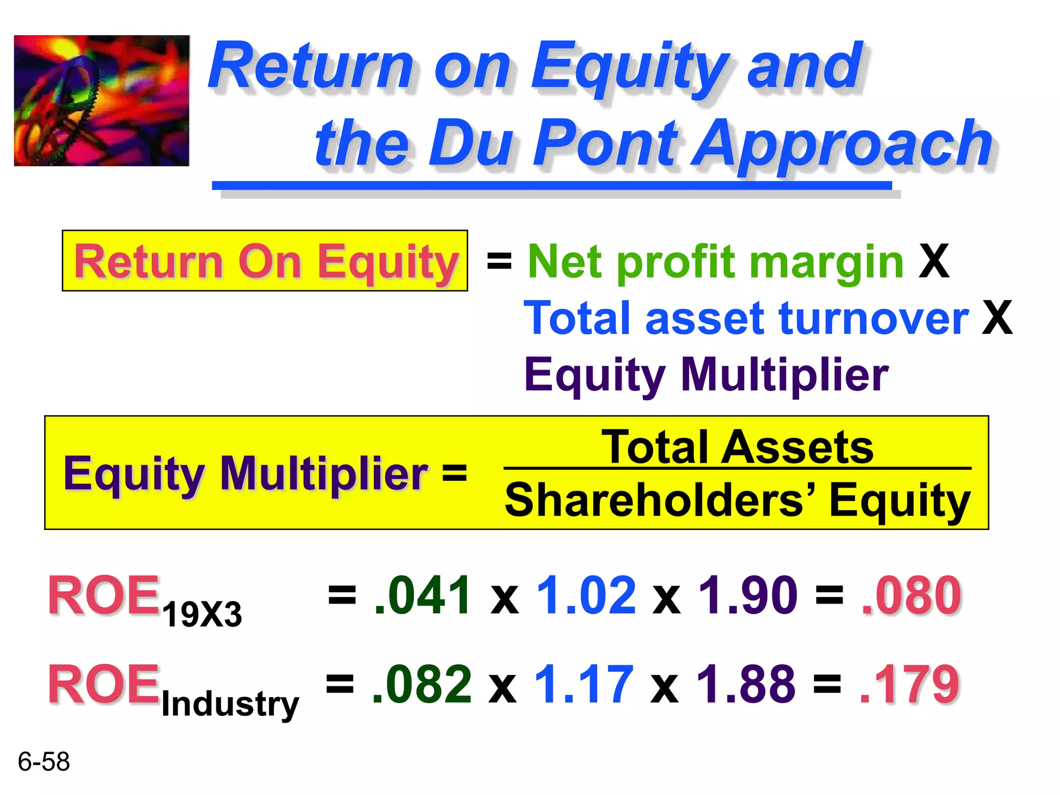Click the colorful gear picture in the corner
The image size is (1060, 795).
click(x=101, y=100)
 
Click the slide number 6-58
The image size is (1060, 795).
click(x=43, y=762)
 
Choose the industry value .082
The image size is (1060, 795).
click(x=421, y=684)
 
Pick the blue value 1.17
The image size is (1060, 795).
click(x=584, y=684)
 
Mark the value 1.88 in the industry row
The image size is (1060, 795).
click(x=746, y=684)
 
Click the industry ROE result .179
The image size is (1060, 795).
click(x=909, y=684)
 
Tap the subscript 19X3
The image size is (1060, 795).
click(x=202, y=615)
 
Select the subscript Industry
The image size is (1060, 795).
click(x=230, y=704)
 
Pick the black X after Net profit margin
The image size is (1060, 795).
click(x=934, y=262)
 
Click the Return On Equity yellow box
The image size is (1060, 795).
click(x=264, y=261)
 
